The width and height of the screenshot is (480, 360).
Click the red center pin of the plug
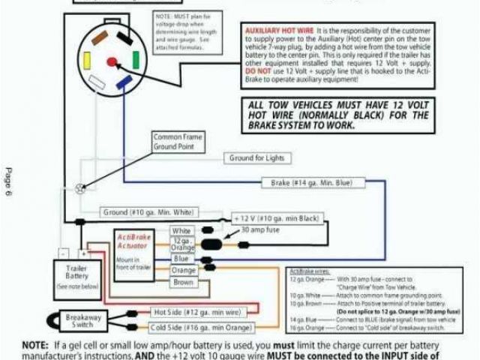(112, 61)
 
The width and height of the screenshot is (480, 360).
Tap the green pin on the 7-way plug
(135, 58)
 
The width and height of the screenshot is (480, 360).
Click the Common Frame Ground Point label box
(176, 141)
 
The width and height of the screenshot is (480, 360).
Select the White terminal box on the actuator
(182, 231)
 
